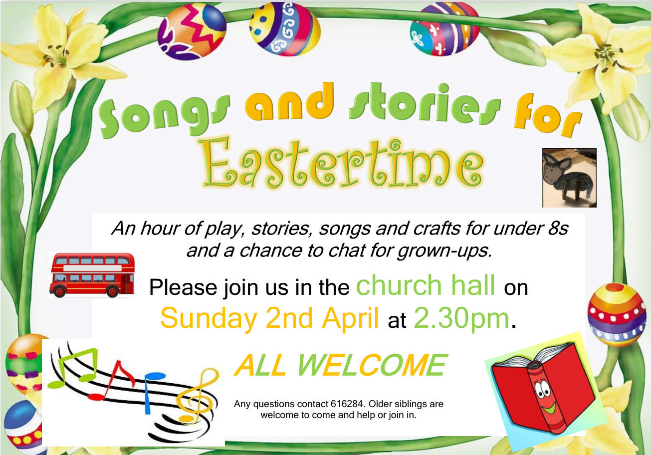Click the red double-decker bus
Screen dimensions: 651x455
tap(92, 275)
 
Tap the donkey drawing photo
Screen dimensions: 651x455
tap(569, 178)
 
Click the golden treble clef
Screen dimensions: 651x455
tap(198, 396)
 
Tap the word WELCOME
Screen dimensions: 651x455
tap(372, 365)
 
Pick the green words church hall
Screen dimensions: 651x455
tap(426, 285)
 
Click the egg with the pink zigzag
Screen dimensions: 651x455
tap(192, 31)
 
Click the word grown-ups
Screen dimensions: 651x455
tap(444, 250)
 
